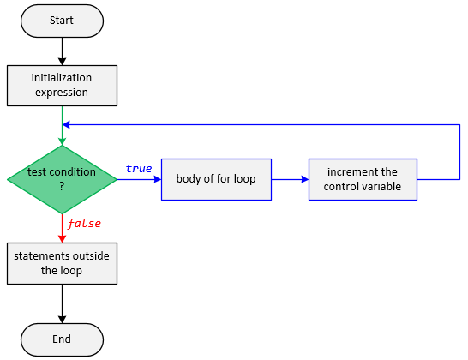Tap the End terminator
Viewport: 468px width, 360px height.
[x=62, y=339]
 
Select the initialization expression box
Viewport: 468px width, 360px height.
[x=62, y=84]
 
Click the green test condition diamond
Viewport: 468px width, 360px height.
[x=62, y=178]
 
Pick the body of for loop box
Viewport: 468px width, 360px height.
[x=216, y=179]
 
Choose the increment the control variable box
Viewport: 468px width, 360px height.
[x=363, y=179]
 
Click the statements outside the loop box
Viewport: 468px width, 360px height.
[x=62, y=264]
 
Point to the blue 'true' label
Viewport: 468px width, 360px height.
[x=138, y=168]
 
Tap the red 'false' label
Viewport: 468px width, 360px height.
[x=85, y=224]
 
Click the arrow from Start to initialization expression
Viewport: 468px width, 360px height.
[x=62, y=51]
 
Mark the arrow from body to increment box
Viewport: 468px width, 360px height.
[x=289, y=179]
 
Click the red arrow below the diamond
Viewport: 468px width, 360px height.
[x=62, y=228]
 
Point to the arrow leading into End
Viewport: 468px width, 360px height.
[x=62, y=304]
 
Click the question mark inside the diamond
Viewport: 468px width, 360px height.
[x=62, y=186]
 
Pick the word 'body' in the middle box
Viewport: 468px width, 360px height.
[x=189, y=179]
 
